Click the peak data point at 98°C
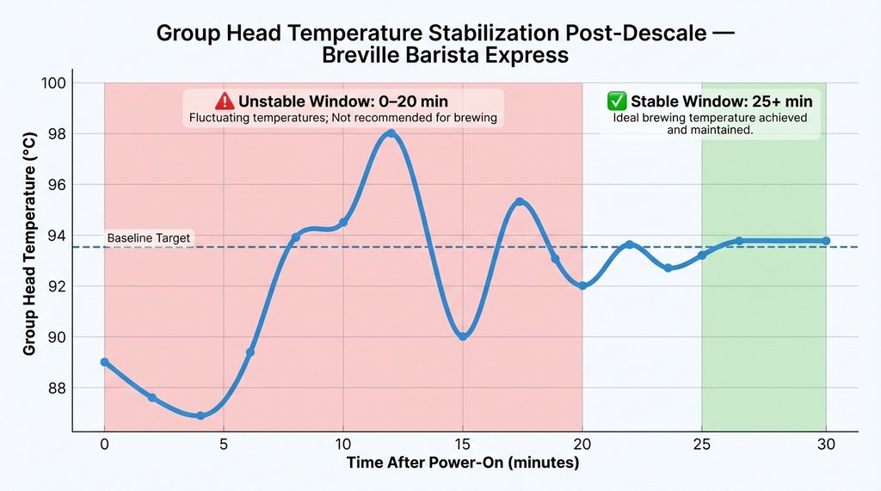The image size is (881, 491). point(391,133)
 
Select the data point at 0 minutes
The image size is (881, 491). point(104,362)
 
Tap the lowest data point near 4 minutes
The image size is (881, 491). point(200,415)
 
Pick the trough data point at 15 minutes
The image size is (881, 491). point(463,336)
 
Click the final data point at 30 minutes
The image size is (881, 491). point(826,241)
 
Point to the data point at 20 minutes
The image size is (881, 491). point(582,285)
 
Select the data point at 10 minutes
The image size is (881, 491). point(343,223)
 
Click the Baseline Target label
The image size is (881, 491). point(149,237)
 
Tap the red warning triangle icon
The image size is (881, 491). point(225,101)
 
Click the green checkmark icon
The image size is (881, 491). point(617,101)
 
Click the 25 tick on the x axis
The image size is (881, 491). point(702,445)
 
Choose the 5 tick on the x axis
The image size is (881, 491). point(224,445)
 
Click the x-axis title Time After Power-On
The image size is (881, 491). point(463,463)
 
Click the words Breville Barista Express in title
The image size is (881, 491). point(446,56)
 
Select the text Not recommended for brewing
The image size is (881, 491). point(423,118)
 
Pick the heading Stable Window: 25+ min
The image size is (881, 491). point(722,101)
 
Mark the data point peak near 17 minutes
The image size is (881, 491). point(520,201)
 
